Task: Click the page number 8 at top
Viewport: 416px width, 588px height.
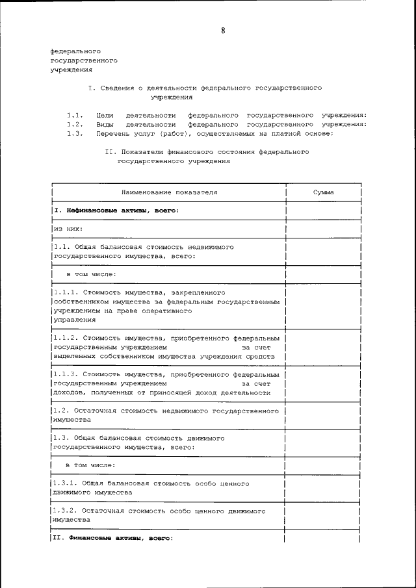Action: pos(223,30)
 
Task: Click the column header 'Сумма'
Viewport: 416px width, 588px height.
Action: pos(323,193)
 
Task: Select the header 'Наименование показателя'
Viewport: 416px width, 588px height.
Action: pos(169,193)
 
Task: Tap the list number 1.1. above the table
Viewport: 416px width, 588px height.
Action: pos(75,114)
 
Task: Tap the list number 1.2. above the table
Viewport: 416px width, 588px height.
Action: pos(75,124)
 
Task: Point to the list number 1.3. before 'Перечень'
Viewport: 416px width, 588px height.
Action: pos(75,134)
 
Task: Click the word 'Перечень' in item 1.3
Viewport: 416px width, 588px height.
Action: pos(111,134)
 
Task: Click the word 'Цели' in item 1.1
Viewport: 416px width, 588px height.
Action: pos(104,114)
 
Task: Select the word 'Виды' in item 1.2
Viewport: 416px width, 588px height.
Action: pos(104,124)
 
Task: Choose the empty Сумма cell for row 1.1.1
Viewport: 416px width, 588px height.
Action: pos(323,306)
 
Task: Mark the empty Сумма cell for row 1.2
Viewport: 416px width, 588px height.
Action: pos(323,416)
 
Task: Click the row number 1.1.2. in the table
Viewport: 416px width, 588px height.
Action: pos(66,339)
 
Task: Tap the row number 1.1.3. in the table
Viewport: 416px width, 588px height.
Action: pos(66,375)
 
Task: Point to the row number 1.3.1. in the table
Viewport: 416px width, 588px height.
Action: pos(66,484)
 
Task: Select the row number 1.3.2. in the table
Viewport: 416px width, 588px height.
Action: pos(66,511)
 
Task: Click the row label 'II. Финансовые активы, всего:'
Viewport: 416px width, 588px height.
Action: pos(112,539)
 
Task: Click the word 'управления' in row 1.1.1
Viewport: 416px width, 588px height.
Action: pos(74,320)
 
